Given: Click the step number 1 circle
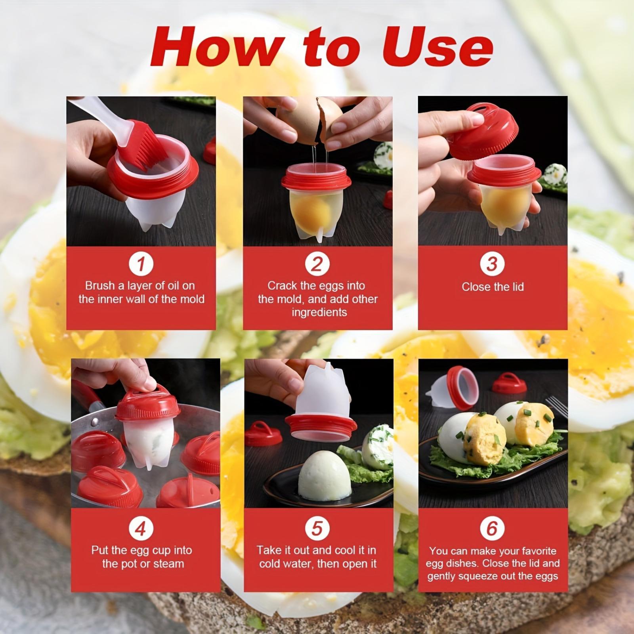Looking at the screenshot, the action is click(141, 264).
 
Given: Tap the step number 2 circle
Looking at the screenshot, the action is click(317, 264).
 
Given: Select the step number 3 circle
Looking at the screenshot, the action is click(492, 264).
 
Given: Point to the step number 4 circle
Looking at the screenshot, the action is click(141, 528).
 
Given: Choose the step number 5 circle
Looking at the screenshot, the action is click(317, 528).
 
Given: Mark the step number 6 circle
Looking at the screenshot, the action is click(492, 528).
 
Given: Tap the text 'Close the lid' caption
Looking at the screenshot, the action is click(493, 286).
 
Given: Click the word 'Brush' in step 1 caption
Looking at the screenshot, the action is click(100, 285).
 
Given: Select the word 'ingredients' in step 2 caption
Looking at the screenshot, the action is click(319, 312).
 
